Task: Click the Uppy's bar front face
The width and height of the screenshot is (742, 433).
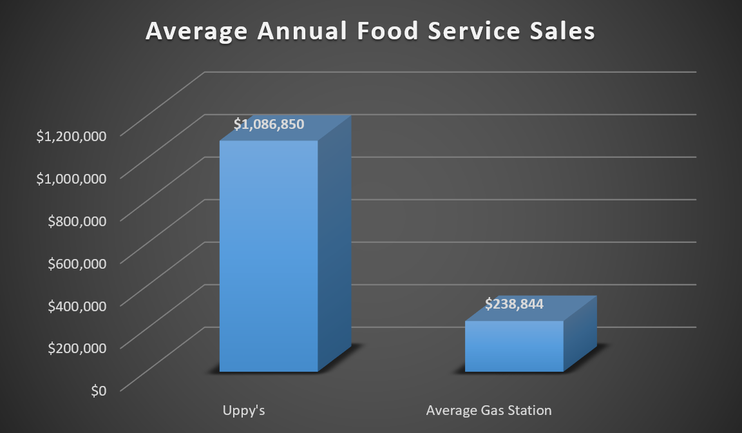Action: [269, 258]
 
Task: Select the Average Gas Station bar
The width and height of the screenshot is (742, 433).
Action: [514, 347]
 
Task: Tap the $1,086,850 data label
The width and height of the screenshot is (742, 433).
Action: [269, 124]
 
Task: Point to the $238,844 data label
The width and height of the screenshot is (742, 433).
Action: [514, 303]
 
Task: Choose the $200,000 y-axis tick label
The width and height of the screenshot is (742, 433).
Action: [77, 348]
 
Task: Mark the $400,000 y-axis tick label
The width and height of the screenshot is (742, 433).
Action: [77, 305]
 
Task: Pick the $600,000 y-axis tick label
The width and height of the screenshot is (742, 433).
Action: [77, 263]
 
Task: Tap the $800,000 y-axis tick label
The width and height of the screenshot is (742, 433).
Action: [77, 220]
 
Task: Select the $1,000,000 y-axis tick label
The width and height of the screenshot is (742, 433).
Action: [71, 178]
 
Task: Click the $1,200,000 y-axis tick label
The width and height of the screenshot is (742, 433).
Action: [71, 135]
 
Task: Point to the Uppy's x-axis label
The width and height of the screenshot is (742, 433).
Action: [244, 410]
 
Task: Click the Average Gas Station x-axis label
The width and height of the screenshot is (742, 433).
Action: [489, 410]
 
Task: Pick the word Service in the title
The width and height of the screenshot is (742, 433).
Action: [477, 32]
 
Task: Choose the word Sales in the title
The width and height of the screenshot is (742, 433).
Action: [564, 32]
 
